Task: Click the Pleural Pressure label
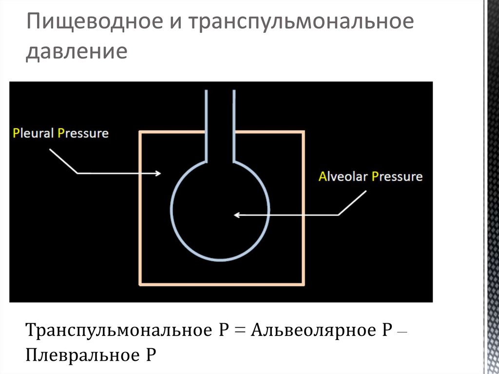(61, 133)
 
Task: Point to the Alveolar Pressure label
(370, 176)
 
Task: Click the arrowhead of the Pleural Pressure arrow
(158, 173)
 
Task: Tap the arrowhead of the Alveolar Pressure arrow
(236, 215)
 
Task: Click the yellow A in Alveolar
(323, 176)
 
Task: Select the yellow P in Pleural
(17, 133)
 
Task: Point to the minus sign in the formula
(402, 332)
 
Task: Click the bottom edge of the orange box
(222, 283)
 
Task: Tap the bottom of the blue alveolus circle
(220, 259)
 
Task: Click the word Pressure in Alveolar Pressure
(397, 176)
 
